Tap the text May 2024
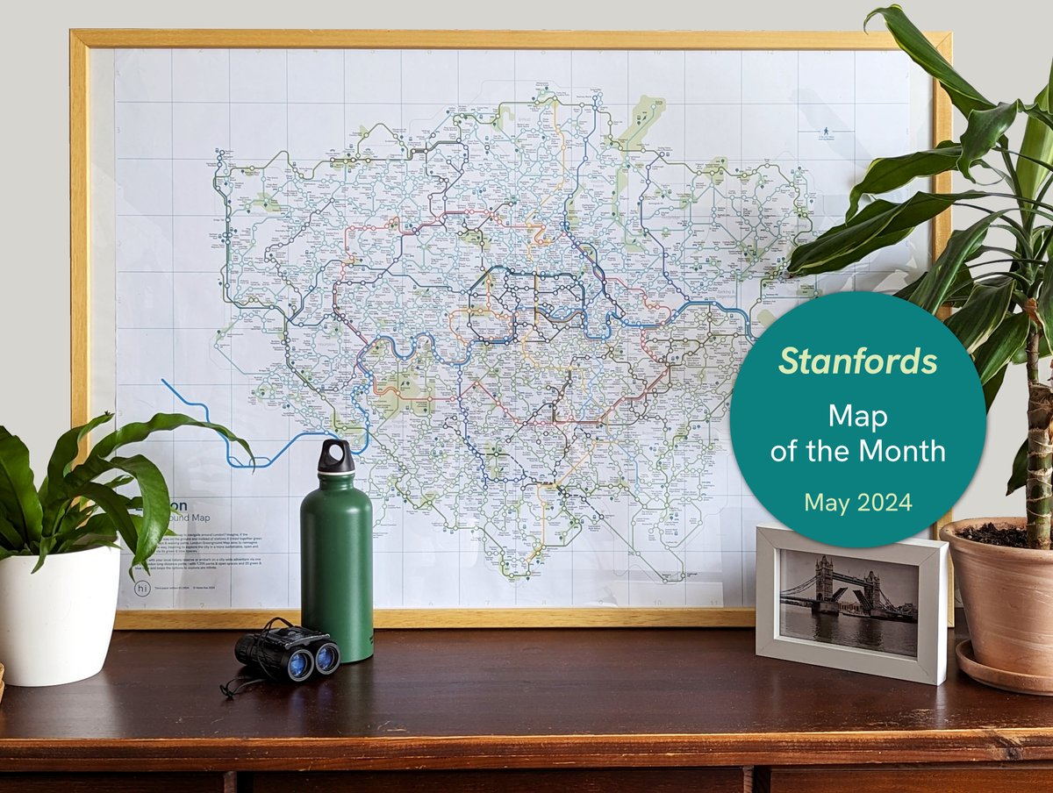857,503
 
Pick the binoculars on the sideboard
287,653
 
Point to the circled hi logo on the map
143,589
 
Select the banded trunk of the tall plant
1039,439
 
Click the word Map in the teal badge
857,415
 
